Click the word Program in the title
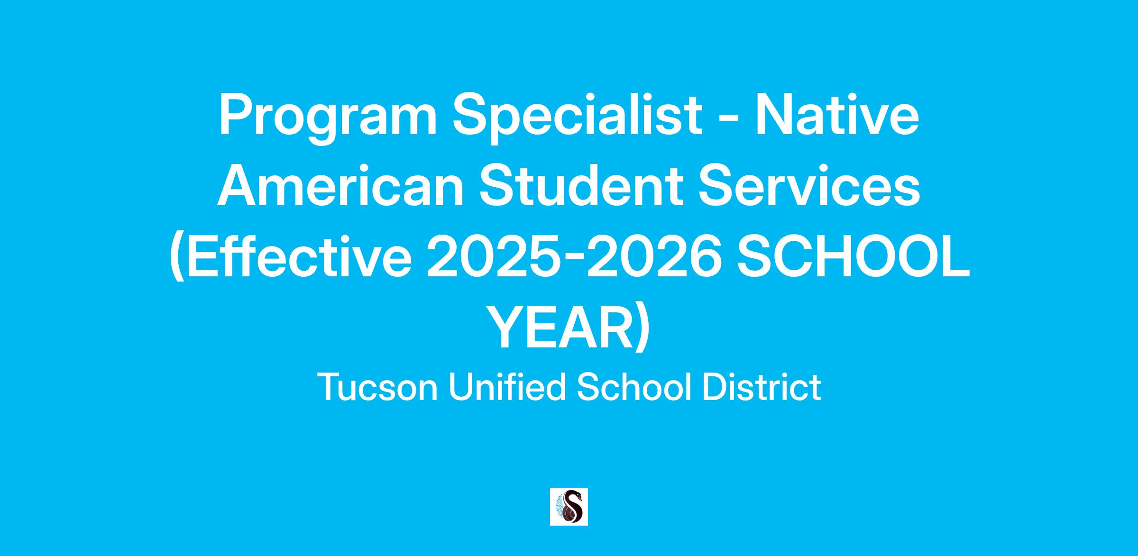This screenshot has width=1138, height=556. (328, 118)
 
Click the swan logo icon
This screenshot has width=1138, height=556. (569, 507)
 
